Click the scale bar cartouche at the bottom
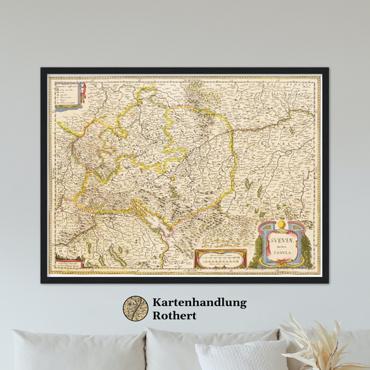pyautogui.click(x=221, y=258)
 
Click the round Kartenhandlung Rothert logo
pyautogui.click(x=135, y=309)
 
